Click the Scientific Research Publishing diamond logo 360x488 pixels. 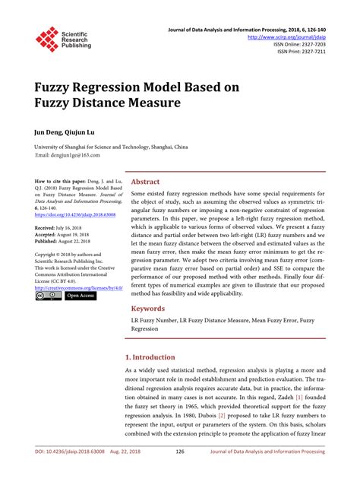[47, 40]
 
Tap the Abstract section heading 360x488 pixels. [146, 182]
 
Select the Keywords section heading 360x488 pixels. [150, 309]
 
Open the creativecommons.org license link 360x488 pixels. [78, 287]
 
